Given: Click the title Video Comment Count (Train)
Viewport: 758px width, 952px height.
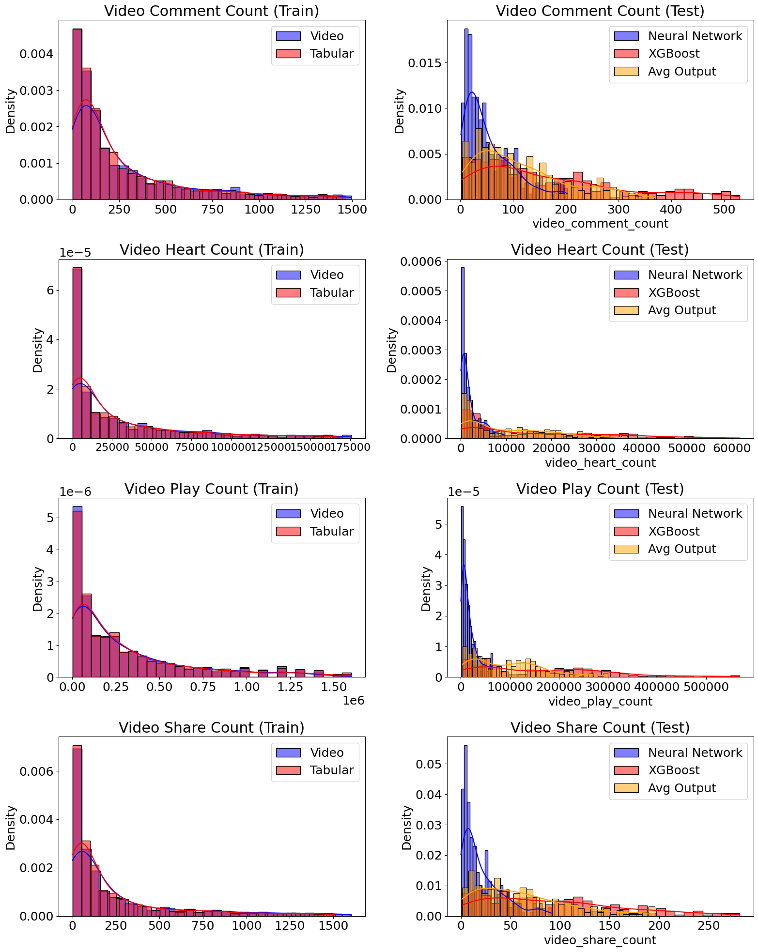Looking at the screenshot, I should pyautogui.click(x=212, y=11).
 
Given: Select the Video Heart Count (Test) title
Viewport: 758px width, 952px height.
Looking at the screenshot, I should pyautogui.click(x=600, y=250).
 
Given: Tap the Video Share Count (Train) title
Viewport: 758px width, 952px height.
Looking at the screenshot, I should pyautogui.click(x=212, y=728).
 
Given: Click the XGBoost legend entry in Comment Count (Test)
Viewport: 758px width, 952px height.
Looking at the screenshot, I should pyautogui.click(x=674, y=54).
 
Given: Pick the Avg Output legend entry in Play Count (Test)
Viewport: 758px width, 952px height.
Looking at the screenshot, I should pyautogui.click(x=682, y=549).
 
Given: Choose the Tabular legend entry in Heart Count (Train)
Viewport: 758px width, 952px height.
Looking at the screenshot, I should pyautogui.click(x=332, y=293).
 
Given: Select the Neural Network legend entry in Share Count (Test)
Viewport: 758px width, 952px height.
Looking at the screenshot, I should pyautogui.click(x=695, y=753).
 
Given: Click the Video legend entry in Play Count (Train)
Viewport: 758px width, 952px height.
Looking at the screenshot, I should pyautogui.click(x=327, y=514).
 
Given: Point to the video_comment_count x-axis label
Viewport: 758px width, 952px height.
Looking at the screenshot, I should pyautogui.click(x=600, y=224).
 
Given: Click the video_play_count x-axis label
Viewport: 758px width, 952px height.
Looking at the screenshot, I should pyautogui.click(x=600, y=702).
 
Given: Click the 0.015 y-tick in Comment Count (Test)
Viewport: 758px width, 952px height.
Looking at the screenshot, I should pyautogui.click(x=424, y=63).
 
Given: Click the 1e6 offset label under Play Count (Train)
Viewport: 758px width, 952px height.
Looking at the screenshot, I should pyautogui.click(x=353, y=701).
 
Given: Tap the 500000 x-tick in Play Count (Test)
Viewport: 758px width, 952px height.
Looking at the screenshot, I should pyautogui.click(x=705, y=687).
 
